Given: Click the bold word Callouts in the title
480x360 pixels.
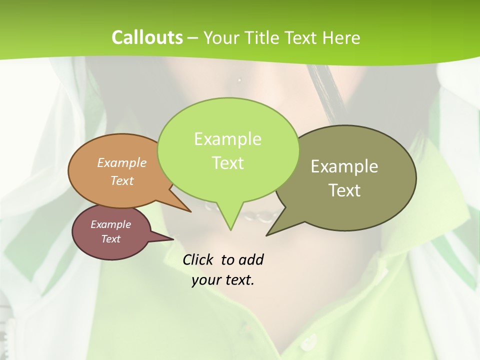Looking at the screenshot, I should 147,37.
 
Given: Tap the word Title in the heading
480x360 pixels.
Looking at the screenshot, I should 263,37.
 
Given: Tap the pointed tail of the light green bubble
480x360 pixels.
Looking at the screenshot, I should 230,222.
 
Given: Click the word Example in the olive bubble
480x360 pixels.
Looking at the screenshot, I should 344,166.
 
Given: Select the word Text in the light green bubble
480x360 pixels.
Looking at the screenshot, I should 228,163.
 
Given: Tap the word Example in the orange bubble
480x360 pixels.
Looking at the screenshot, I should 122,162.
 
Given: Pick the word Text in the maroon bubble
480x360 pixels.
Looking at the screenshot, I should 111,239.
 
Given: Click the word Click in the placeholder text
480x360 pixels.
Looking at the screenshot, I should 198,259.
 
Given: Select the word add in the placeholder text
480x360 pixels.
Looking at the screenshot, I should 250,259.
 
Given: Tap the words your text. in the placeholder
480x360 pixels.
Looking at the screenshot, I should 223,280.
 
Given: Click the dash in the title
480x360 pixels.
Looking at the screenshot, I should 193,37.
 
